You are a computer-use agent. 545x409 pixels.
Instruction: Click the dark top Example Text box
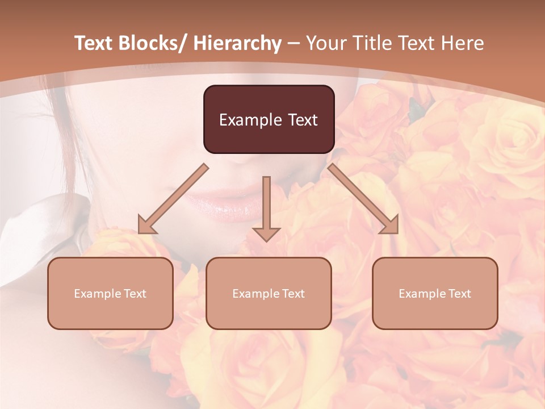click(x=269, y=119)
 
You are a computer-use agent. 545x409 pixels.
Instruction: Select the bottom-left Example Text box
click(x=110, y=293)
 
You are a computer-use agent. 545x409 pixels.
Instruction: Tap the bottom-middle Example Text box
click(x=269, y=293)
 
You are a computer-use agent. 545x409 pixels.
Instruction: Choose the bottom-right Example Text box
click(x=435, y=293)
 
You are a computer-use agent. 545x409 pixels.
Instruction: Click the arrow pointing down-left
click(x=173, y=199)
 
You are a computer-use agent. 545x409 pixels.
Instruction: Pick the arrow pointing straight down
click(x=266, y=208)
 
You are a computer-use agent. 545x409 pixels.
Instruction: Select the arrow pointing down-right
click(x=363, y=199)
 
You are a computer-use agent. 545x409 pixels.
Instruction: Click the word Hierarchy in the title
click(x=237, y=43)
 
